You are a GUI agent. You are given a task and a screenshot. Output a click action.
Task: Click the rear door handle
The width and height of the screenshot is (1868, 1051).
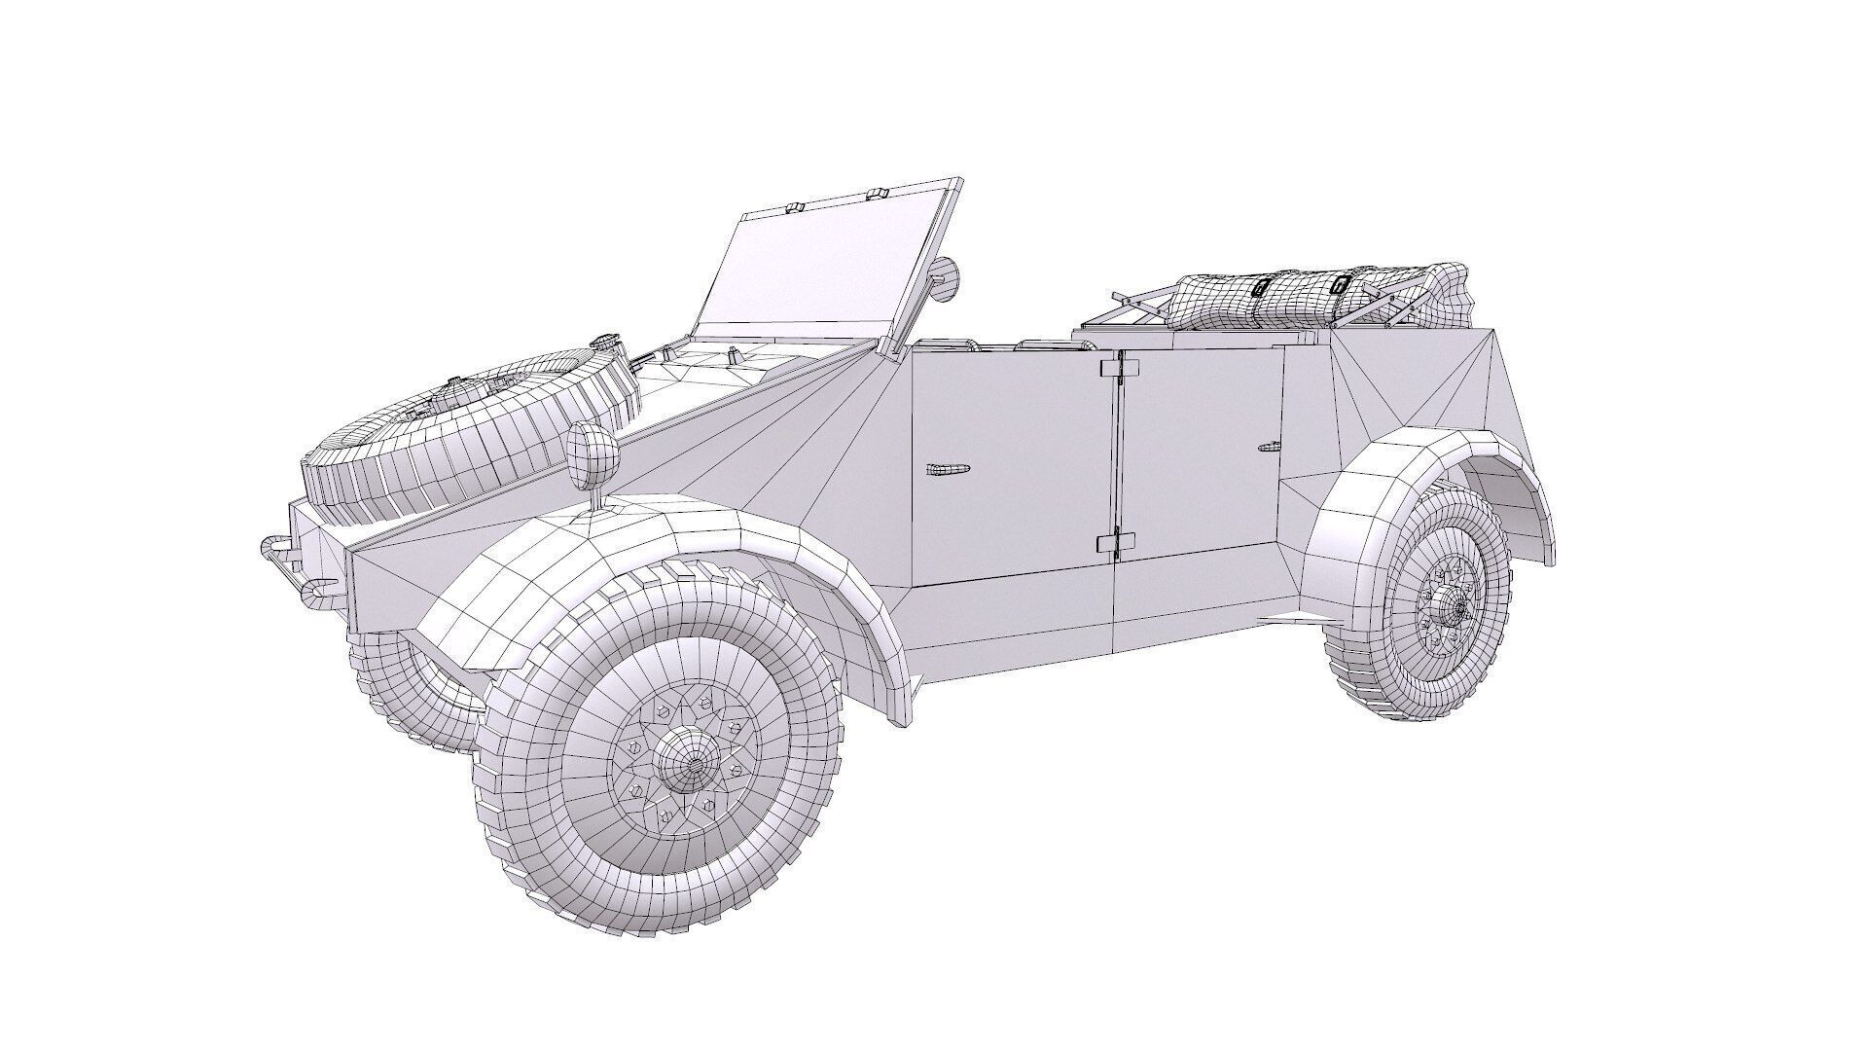click(1269, 447)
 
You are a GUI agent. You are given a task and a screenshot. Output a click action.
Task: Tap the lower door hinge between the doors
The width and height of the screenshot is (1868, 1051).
click(1115, 542)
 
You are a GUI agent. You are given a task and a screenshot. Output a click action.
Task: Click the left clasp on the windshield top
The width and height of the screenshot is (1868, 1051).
click(793, 207)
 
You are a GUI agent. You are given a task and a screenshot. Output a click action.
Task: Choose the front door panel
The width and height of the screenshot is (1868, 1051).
click(1012, 467)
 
